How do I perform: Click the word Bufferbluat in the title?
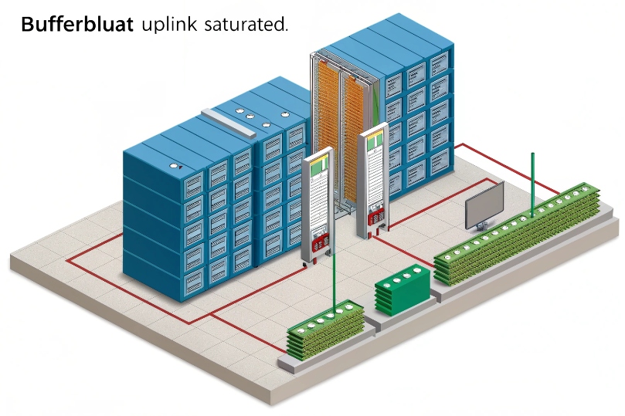[76, 24]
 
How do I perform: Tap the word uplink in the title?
[168, 25]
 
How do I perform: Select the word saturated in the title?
[246, 24]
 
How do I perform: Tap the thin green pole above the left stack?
[334, 275]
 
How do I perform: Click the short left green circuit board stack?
[325, 330]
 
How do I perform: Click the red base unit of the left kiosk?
[318, 245]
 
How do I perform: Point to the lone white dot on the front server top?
[174, 164]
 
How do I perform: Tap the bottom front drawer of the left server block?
[193, 274]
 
